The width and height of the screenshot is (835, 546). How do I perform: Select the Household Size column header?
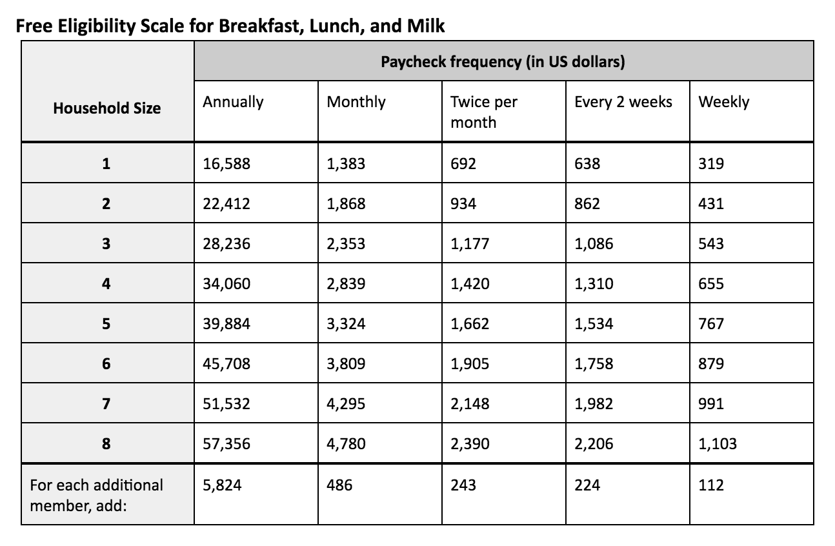coord(106,108)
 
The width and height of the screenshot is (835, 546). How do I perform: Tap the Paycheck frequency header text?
coord(503,62)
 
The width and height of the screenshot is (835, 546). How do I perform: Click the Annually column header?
coord(233,102)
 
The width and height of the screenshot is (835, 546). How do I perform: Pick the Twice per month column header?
coord(484,112)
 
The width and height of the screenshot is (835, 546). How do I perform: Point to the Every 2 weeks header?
coord(623,102)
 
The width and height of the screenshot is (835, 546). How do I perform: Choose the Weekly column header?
coord(723,102)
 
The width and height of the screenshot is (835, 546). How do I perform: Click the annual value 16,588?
coord(226,163)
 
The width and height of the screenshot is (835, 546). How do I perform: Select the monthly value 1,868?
coord(346,204)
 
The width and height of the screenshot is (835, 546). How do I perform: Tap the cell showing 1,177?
coord(470,244)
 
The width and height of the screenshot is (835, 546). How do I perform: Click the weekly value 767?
coord(711,324)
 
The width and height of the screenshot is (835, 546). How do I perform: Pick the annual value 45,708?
coord(226,364)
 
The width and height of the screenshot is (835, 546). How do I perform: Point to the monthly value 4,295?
coord(346,404)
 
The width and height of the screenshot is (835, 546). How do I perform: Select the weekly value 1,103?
coord(717,444)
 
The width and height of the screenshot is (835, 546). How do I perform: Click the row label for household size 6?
coord(106,364)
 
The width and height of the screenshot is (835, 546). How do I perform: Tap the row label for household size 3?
coord(106,244)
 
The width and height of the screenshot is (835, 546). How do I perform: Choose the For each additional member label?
coord(97,494)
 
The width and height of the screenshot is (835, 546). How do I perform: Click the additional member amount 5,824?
coord(222,485)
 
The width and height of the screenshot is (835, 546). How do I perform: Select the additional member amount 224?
coord(587,485)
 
